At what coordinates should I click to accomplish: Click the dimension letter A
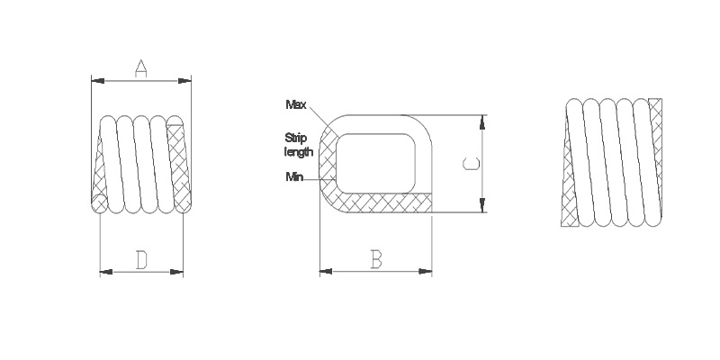coord(141,68)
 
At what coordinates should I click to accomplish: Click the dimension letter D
coord(141,260)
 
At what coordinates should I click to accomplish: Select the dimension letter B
coord(376,259)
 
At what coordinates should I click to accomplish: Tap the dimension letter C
coord(471,164)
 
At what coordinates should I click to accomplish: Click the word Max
coord(295,105)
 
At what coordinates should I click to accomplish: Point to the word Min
coord(294,176)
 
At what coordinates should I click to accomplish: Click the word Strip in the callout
coord(296,137)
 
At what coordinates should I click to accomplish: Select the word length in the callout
coord(298,151)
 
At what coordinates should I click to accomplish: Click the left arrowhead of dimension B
coord(325,270)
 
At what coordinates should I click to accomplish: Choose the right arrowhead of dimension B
coord(427,270)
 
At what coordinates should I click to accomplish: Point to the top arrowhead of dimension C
coord(483,120)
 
